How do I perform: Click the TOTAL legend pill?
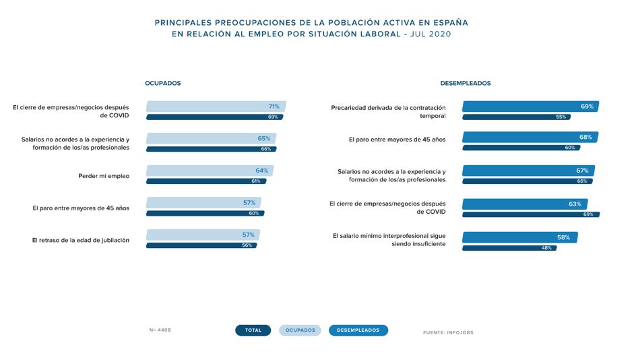[253, 330]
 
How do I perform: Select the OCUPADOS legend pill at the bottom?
[300, 330]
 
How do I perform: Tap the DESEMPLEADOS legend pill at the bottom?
[358, 330]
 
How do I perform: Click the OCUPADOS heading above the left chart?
[162, 84]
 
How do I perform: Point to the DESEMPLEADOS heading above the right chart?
[465, 84]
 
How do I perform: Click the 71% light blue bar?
[216, 107]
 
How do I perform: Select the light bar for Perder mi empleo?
[210, 171]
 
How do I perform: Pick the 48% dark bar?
[509, 247]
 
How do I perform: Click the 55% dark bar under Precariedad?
[516, 117]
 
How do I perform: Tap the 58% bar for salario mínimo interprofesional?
[519, 237]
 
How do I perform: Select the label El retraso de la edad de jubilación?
[81, 240]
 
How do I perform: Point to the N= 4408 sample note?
[161, 330]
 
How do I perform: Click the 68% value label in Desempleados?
[585, 138]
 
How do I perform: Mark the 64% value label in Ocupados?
[261, 171]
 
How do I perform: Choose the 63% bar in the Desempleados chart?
[525, 204]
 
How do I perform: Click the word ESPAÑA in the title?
[449, 22]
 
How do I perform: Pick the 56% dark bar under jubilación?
[202, 245]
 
